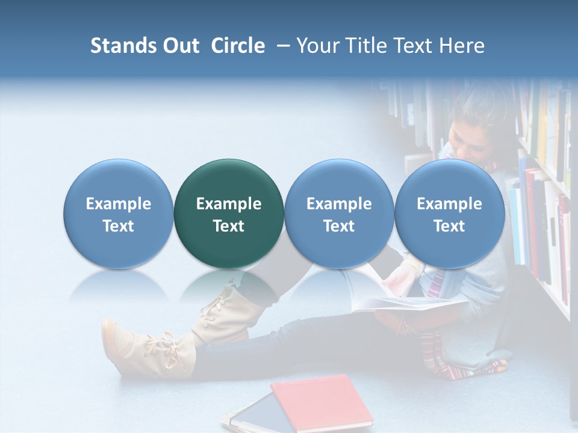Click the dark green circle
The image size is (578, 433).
pos(228,213)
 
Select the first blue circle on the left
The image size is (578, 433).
pos(118,213)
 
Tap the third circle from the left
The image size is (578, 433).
pos(339,213)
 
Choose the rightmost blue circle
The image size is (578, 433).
pos(449,213)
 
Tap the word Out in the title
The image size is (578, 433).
pos(179,46)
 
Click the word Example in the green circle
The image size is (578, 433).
pos(229,204)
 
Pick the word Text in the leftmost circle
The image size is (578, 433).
pos(119,226)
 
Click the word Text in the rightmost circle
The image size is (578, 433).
pos(449,226)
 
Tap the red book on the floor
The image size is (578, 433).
pos(322,401)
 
